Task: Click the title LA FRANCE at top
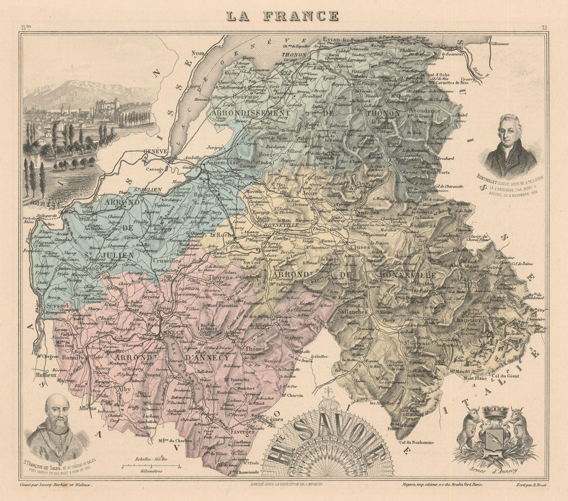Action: (x=282, y=15)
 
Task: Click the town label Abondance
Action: (x=423, y=111)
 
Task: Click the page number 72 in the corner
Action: (x=544, y=27)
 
